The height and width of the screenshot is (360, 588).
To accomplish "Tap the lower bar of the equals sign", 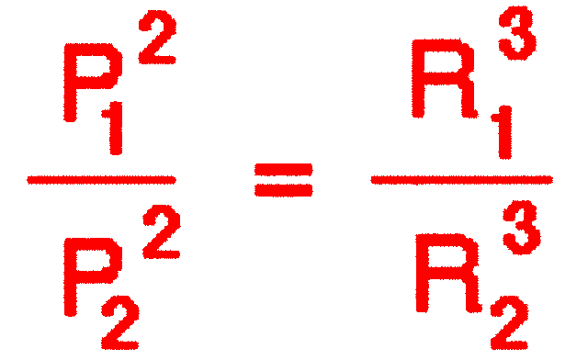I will [283, 192].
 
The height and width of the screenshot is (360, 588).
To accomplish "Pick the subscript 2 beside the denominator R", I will [507, 321].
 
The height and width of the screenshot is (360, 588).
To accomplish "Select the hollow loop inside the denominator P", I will [86, 253].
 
